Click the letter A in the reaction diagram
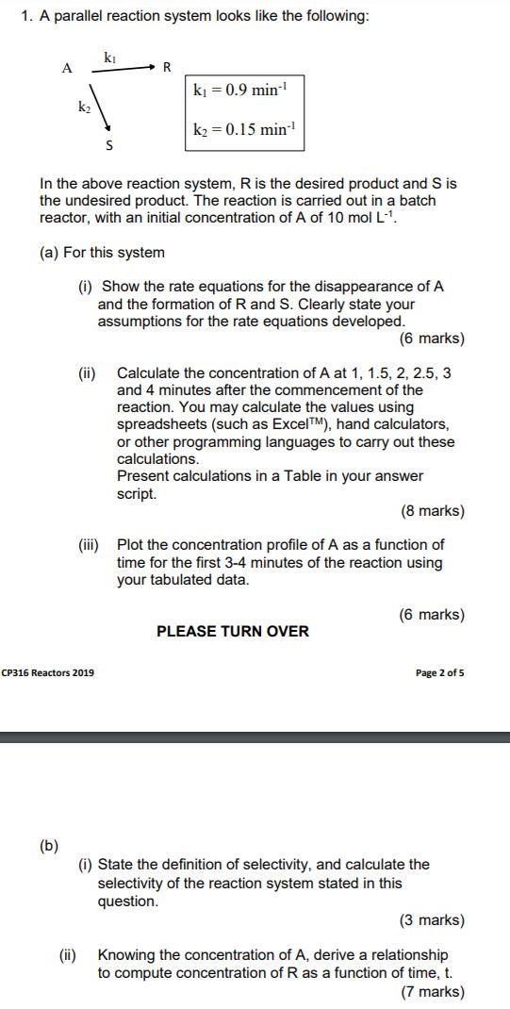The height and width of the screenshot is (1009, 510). coord(66,68)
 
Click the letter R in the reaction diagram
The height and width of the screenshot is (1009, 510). coord(167,67)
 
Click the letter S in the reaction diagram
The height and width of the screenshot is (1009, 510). coord(109,146)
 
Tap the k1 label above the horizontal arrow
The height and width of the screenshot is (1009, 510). coord(110,58)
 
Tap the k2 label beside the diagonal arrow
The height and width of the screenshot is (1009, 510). coord(83,108)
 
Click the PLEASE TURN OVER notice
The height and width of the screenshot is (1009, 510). coord(232,631)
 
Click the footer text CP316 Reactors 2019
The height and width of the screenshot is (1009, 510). coord(48,672)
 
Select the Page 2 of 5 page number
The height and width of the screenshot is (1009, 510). coord(439,672)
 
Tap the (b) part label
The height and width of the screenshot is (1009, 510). coord(48,845)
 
